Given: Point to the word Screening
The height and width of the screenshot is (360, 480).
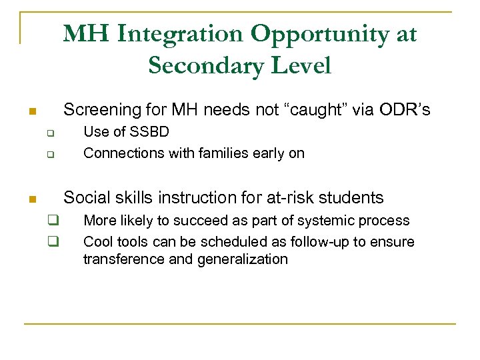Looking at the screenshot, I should (x=98, y=110).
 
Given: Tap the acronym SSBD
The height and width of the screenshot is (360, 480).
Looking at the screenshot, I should (x=150, y=132).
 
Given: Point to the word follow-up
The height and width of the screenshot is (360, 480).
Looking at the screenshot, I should (x=315, y=241).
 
